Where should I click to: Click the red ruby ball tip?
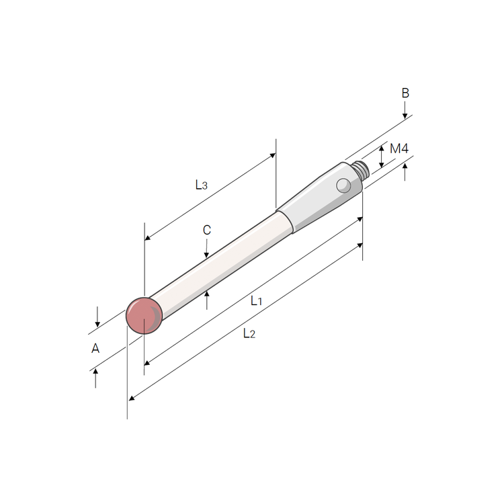tap(144, 314)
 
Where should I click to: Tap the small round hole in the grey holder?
tap(343, 185)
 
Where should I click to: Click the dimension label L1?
tap(256, 300)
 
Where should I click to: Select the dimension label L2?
tap(249, 333)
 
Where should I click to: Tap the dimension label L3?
tap(201, 184)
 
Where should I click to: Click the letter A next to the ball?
tap(95, 348)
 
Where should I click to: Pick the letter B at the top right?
tap(405, 93)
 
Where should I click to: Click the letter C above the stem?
tap(206, 230)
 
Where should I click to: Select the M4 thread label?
tap(399, 149)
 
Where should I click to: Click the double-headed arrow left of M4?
tap(381, 156)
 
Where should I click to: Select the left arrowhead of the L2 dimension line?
tap(132, 398)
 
